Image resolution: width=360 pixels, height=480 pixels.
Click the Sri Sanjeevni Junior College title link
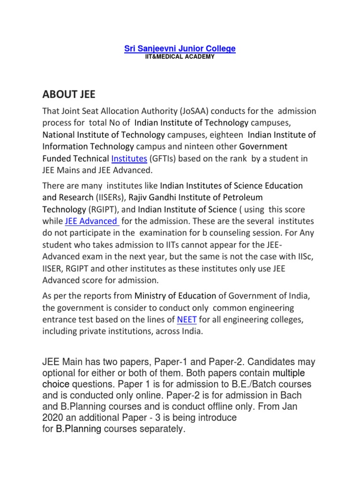(x=180, y=49)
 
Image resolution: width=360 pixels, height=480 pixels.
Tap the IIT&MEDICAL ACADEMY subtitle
(x=180, y=57)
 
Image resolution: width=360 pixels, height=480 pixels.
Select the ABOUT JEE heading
(x=68, y=95)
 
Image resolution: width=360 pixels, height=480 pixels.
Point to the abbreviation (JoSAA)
(x=204, y=112)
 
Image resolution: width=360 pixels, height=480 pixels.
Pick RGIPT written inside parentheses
(x=105, y=209)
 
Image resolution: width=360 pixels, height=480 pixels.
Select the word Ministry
(x=151, y=296)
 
